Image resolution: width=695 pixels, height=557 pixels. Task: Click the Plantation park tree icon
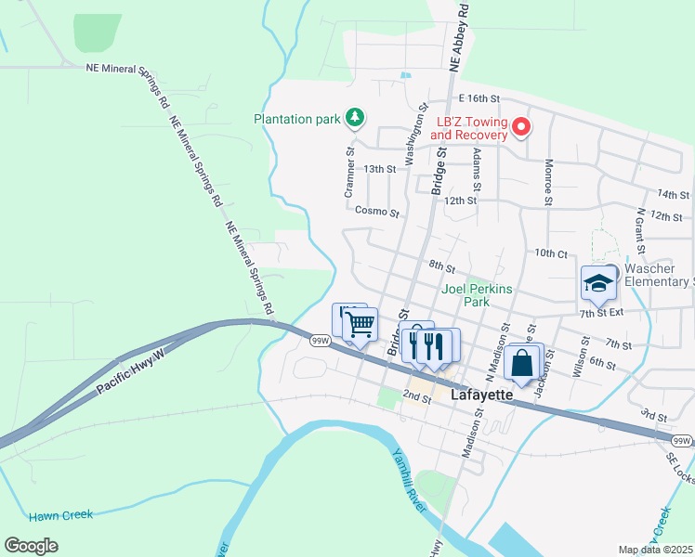point(353,118)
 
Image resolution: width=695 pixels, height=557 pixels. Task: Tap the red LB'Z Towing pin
point(521,127)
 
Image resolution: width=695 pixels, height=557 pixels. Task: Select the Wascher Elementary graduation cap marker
point(598,283)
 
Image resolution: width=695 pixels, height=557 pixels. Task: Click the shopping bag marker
point(522,363)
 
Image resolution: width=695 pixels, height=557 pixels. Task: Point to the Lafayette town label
point(481,395)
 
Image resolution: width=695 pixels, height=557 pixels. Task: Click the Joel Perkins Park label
point(478,295)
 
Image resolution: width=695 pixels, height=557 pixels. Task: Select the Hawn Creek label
point(60,515)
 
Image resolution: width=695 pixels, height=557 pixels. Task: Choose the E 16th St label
point(479,98)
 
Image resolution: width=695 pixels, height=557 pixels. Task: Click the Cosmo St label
point(376,212)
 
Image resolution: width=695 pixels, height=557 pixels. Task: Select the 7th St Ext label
point(600,313)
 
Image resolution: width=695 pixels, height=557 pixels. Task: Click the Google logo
point(32,545)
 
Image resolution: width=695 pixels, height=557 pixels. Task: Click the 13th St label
point(380,169)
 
